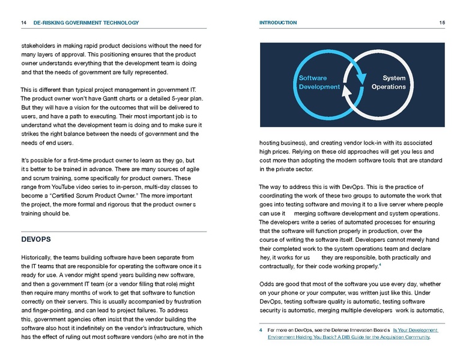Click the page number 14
point(23,23)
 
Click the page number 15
point(441,23)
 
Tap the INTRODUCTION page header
point(277,23)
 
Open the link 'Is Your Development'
point(415,330)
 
